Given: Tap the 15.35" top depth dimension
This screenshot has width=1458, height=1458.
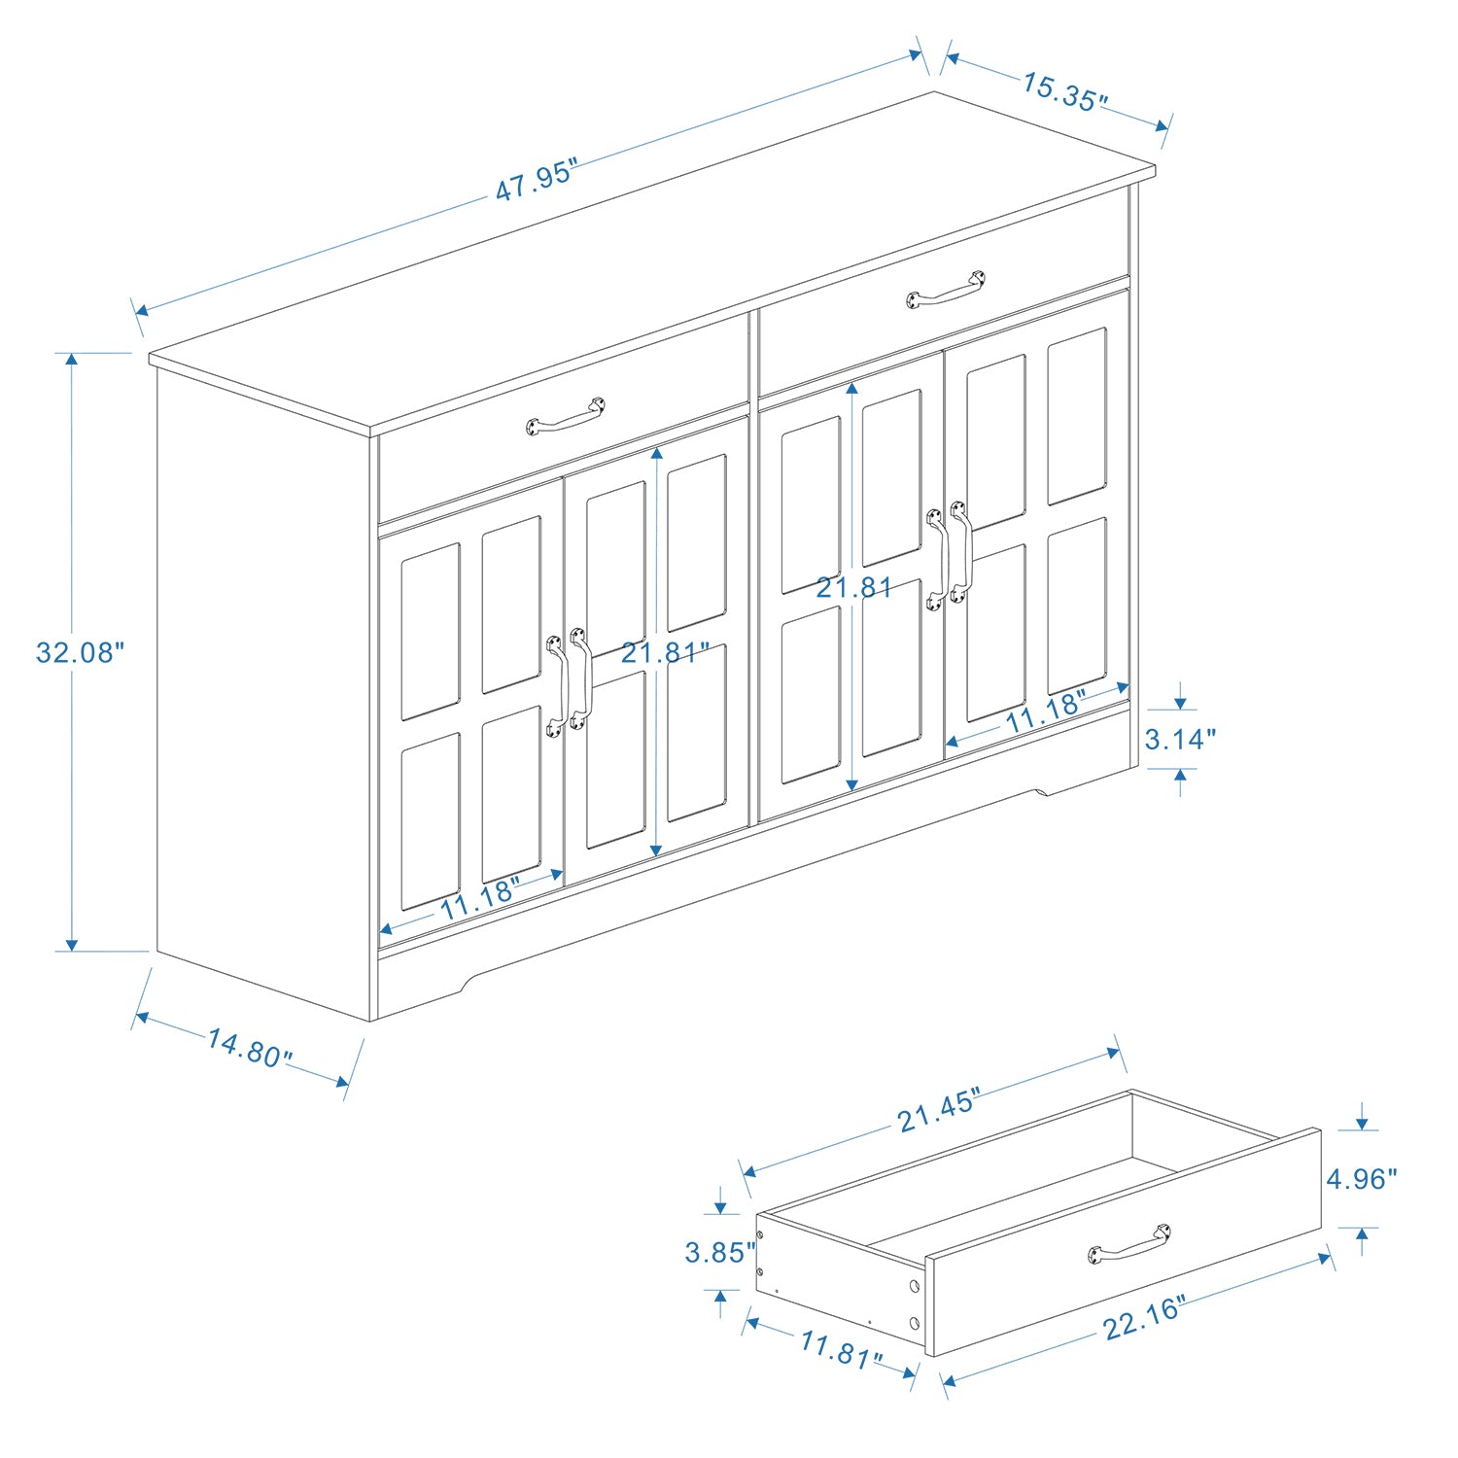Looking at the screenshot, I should pos(1064,92).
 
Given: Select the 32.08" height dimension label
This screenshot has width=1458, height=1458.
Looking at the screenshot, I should pos(81,652).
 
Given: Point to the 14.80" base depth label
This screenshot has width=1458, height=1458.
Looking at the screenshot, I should pos(249,1048).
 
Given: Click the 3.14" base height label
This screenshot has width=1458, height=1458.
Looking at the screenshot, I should pos(1180,740).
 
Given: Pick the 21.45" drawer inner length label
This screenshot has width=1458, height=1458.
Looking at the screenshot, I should pos(938,1111).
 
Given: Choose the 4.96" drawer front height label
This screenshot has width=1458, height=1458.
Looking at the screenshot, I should pos(1362,1179).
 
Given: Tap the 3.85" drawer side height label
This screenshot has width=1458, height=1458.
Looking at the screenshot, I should pos(720,1252).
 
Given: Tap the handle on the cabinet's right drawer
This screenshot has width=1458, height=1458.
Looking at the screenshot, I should pos(946,290).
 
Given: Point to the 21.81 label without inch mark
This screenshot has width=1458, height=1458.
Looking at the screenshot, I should pos(853,587).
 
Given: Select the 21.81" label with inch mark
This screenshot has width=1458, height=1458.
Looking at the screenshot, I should pos(666,652).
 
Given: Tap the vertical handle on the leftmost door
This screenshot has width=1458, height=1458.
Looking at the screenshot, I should pos(556,686).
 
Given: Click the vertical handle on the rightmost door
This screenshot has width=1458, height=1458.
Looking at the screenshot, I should pos(960,551).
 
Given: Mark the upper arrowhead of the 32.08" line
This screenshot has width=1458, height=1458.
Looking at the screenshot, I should pos(71,361).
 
